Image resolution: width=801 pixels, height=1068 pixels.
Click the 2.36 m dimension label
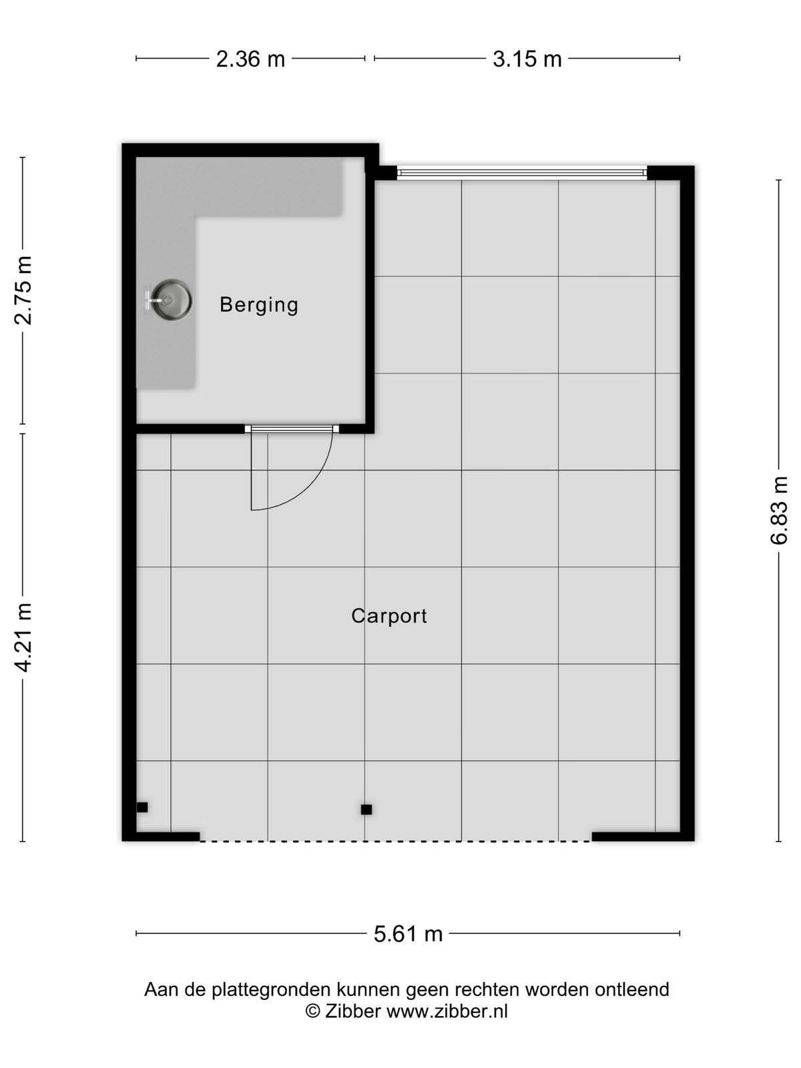click(x=250, y=59)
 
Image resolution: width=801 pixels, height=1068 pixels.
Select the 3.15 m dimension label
click(x=527, y=59)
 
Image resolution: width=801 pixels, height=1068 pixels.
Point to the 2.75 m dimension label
click(x=23, y=290)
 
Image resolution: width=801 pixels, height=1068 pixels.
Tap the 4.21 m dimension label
click(x=23, y=637)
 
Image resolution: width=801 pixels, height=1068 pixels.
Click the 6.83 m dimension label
click(x=778, y=510)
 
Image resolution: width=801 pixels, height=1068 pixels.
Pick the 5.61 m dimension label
click(x=408, y=934)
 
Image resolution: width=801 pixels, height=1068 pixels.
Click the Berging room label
click(x=259, y=305)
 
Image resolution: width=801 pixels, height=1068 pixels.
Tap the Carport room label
click(x=389, y=616)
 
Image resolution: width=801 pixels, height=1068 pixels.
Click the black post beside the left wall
click(x=142, y=807)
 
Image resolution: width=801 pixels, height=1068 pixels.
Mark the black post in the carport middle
click(x=366, y=810)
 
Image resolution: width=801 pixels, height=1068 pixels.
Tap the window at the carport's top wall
click(x=522, y=173)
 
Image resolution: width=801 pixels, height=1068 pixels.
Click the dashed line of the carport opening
click(x=395, y=841)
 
